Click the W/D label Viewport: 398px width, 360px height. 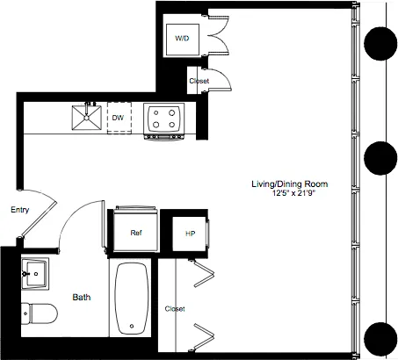tap(182, 40)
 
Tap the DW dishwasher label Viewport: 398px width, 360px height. tap(118, 117)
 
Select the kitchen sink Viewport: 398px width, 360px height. tap(88, 118)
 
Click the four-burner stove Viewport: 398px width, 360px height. tap(163, 119)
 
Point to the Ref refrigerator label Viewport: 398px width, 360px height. tap(136, 234)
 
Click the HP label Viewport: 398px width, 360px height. tap(189, 234)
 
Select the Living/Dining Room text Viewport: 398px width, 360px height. tap(289, 184)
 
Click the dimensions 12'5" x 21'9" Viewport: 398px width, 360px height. tap(289, 194)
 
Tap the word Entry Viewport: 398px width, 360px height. tap(20, 211)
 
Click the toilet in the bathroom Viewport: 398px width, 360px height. tap(40, 313)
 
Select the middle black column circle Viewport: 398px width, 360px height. tap(381, 158)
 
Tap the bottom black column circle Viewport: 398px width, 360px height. tap(381, 337)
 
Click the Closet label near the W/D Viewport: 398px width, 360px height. tap(199, 82)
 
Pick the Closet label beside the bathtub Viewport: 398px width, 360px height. tap(174, 309)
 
